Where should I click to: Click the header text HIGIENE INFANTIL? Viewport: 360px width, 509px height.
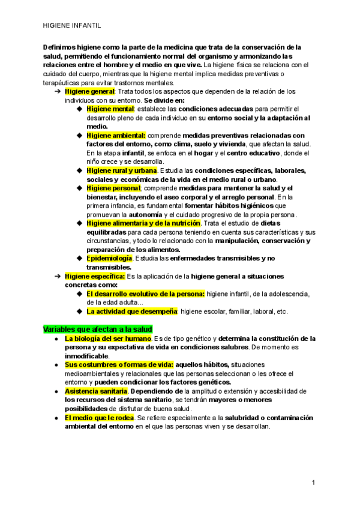tap(72, 26)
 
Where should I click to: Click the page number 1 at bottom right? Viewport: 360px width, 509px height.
tap(313, 482)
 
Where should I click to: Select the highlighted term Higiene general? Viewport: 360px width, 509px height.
tap(89, 91)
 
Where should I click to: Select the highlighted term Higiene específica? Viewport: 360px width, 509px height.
tap(95, 276)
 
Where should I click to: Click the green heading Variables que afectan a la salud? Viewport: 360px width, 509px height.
tap(98, 329)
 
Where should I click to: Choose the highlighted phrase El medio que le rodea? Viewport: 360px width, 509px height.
tap(100, 417)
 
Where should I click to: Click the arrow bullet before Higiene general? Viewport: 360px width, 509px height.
tap(58, 91)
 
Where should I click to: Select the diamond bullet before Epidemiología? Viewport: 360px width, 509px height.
tap(80, 258)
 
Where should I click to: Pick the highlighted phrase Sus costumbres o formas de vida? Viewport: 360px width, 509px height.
tap(119, 364)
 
